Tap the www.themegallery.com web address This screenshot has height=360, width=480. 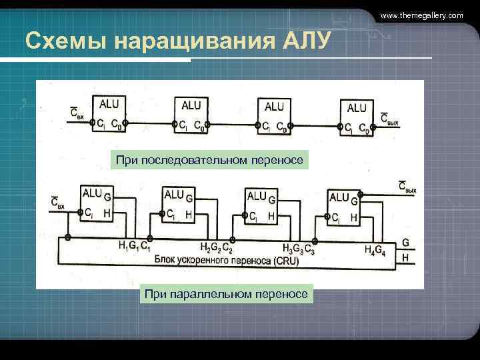[421, 15]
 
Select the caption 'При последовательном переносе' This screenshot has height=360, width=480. [209, 160]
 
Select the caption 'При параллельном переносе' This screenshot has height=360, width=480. [225, 293]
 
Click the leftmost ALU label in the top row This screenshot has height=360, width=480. [109, 103]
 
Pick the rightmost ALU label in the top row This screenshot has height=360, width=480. [357, 107]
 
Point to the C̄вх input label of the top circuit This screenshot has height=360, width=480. [77, 115]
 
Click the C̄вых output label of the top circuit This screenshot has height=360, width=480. [389, 119]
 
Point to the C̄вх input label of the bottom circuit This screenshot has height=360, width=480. [57, 203]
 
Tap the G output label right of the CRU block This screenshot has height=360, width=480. [405, 243]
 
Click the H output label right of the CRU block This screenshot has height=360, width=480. [405, 257]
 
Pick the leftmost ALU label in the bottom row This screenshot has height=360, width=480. [91, 193]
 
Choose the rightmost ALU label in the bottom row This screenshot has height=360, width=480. [339, 197]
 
